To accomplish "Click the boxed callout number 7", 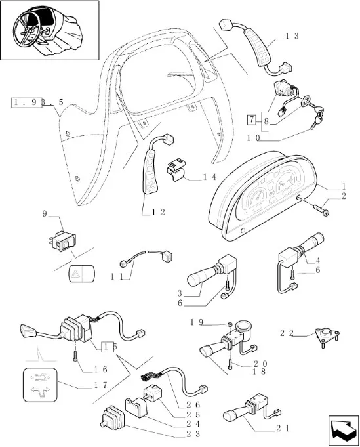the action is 252,119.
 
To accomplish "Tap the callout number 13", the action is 292,36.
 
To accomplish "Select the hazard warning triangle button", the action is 82,274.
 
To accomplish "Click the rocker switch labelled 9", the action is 63,240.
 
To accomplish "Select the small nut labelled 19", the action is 230,325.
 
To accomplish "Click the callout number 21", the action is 283,429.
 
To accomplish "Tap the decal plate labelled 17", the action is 40,385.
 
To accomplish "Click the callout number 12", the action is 158,212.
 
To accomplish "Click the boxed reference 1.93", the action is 27,102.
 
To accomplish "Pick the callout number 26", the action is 193,405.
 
